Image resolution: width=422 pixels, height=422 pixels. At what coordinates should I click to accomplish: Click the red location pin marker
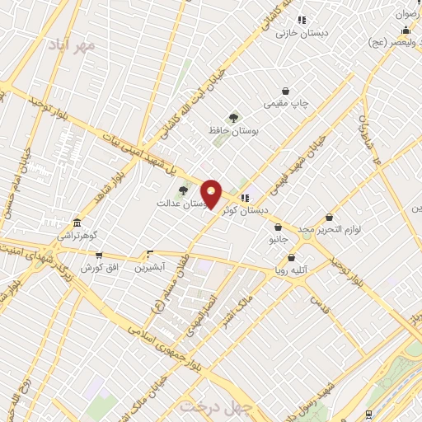click(212, 195)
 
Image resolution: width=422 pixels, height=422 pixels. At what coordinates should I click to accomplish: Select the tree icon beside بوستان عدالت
click(183, 190)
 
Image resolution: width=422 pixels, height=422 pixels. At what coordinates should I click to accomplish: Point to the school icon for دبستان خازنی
click(302, 20)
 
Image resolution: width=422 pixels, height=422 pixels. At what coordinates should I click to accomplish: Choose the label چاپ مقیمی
click(286, 104)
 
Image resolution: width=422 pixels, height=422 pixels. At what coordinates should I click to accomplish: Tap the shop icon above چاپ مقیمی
click(286, 91)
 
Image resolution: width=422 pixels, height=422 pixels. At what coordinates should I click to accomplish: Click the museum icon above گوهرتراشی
click(77, 223)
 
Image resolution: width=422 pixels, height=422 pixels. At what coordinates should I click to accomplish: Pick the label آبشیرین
click(150, 267)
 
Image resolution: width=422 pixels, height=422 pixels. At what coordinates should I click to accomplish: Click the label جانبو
click(278, 240)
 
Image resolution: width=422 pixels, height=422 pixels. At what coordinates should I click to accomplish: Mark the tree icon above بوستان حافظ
click(234, 118)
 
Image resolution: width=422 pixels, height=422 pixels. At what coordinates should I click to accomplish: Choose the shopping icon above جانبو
click(278, 227)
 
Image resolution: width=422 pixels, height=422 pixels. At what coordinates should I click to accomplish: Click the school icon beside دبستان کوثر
click(245, 198)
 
